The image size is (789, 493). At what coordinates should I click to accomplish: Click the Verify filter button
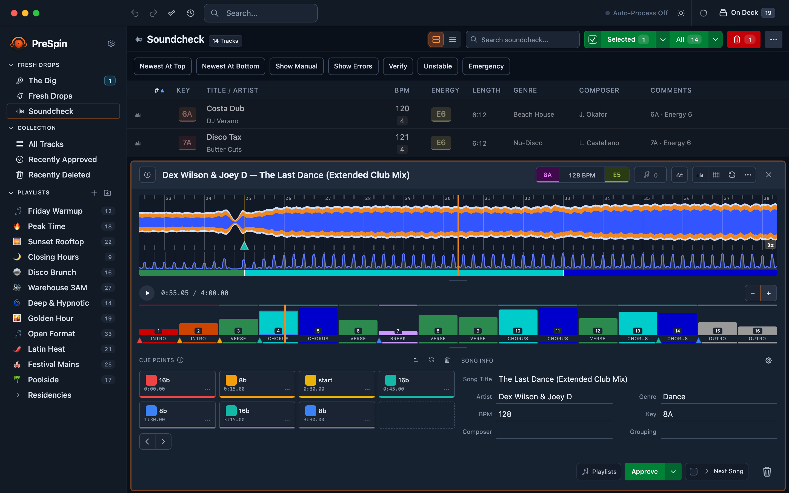point(398,66)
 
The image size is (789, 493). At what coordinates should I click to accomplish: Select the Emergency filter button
point(486,66)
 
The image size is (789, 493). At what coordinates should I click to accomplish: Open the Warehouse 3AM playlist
point(57,288)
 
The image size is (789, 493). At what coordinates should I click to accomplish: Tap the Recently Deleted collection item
point(59,175)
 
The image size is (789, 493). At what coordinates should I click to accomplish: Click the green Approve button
point(645,471)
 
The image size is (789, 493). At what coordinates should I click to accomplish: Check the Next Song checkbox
point(694,471)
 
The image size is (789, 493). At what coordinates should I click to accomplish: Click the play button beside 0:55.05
point(147,293)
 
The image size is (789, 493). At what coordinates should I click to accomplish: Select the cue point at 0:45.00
point(416,384)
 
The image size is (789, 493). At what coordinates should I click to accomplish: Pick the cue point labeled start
point(337,384)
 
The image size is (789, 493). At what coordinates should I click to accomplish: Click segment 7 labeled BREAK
point(398,336)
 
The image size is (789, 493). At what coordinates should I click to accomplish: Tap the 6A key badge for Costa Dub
point(187,114)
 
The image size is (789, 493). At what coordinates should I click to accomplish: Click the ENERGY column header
point(445,90)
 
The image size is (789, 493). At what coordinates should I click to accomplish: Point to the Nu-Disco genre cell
point(528,143)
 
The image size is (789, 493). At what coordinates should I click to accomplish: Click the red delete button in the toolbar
point(743,39)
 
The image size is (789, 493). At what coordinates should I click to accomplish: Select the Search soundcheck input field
point(522,39)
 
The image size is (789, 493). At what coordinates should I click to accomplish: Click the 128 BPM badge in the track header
point(582,175)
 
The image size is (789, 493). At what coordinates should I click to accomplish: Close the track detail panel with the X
point(768,175)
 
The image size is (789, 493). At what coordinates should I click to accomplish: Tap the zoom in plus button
point(768,293)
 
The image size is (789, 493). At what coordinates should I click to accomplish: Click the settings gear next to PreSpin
point(111,43)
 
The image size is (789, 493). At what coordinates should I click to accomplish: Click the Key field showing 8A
point(719,414)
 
